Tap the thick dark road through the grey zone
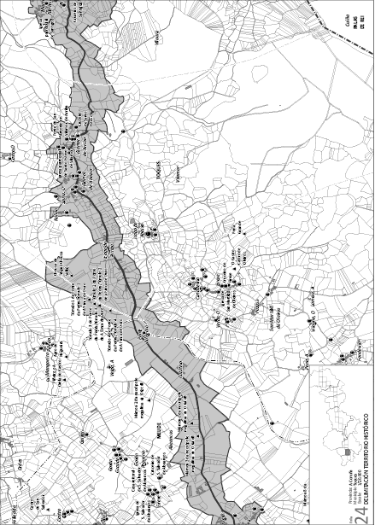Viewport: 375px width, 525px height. pos(128,282)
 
